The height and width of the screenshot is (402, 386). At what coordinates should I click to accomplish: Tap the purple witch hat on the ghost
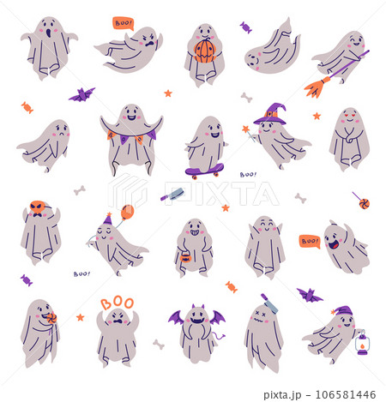pyautogui.click(x=274, y=112)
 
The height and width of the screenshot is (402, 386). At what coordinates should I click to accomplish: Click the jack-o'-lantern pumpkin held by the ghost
pyautogui.click(x=204, y=51)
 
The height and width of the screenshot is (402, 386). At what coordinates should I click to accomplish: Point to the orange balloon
pyautogui.click(x=128, y=211)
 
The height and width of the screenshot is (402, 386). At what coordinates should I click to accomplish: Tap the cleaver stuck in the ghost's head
pyautogui.click(x=268, y=302)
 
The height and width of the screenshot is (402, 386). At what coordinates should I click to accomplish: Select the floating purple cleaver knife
pyautogui.click(x=172, y=195)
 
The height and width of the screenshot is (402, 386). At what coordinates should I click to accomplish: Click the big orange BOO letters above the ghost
pyautogui.click(x=117, y=303)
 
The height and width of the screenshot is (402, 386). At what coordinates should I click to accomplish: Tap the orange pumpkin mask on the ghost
pyautogui.click(x=37, y=207)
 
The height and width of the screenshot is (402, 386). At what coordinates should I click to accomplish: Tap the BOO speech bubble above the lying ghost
pyautogui.click(x=124, y=23)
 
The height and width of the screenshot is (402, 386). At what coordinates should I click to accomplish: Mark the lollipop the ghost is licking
pyautogui.click(x=50, y=320)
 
